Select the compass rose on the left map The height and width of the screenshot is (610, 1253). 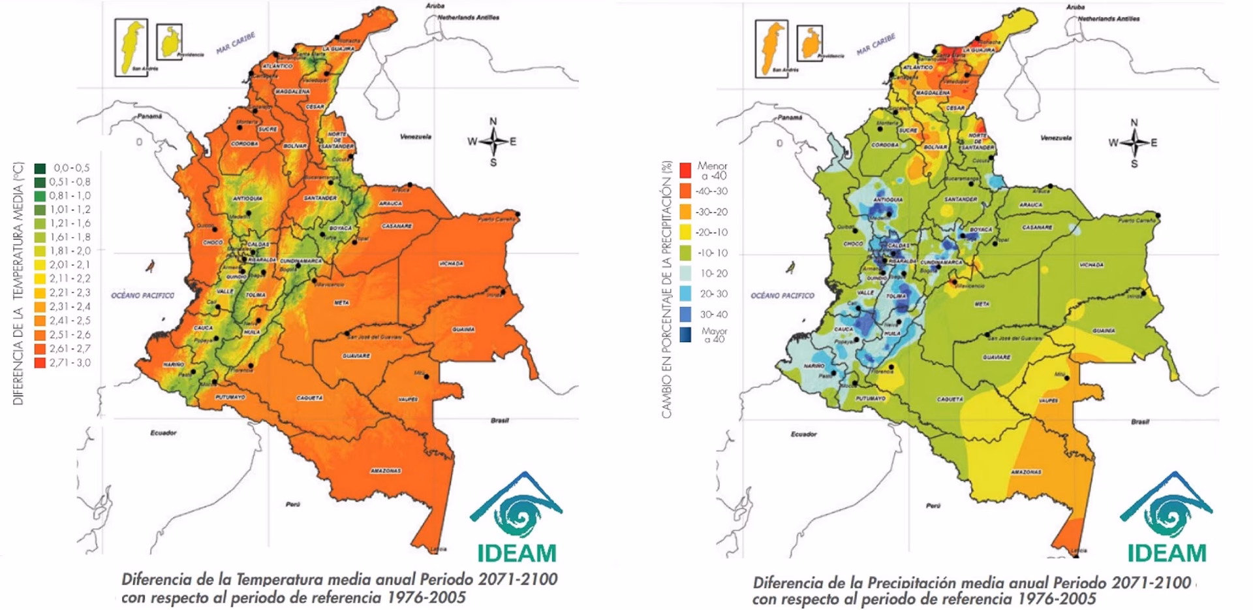click(493, 141)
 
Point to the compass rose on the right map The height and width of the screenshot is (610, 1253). click(1134, 142)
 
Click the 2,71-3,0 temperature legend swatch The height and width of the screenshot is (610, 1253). click(40, 362)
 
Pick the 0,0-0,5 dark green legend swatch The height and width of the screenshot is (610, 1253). click(40, 168)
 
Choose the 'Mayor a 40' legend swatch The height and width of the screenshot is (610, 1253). click(685, 335)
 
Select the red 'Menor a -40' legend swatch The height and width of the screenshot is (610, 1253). click(685, 170)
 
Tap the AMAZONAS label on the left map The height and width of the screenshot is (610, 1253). click(386, 470)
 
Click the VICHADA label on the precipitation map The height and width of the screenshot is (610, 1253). click(1091, 265)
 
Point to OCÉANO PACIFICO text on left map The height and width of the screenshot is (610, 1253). click(142, 295)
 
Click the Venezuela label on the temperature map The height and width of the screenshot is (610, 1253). click(416, 136)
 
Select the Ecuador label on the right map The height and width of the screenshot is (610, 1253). click(803, 434)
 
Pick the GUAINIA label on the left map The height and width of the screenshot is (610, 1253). click(463, 330)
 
